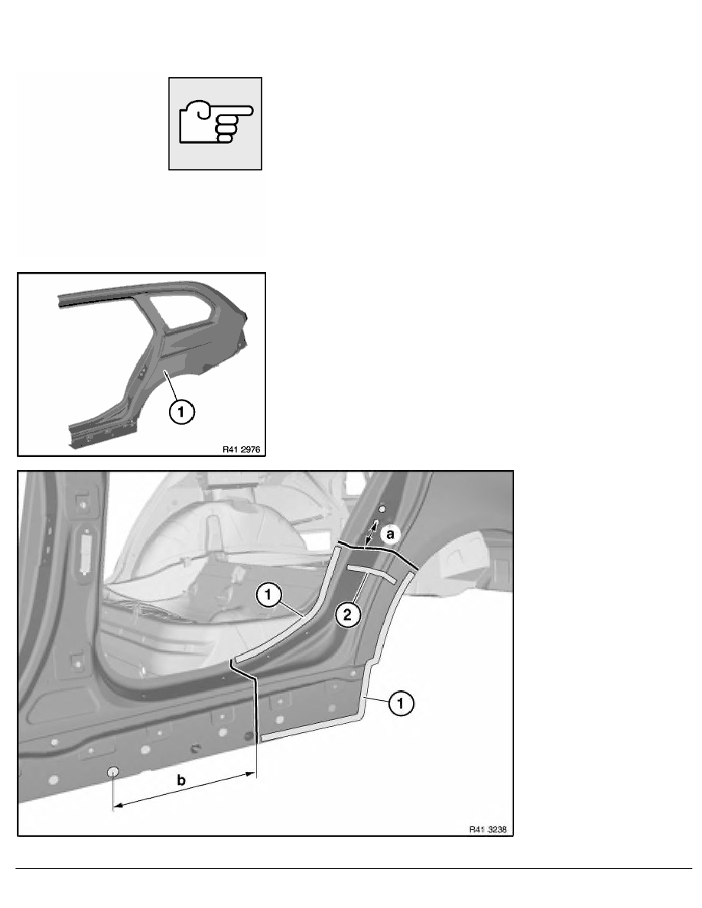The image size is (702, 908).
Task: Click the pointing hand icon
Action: point(216,122)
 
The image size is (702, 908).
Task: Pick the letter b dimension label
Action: point(180,781)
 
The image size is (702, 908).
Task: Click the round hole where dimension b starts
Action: point(113,772)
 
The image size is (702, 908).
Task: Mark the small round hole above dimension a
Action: point(382,508)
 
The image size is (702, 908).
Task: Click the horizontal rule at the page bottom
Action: point(351,869)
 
